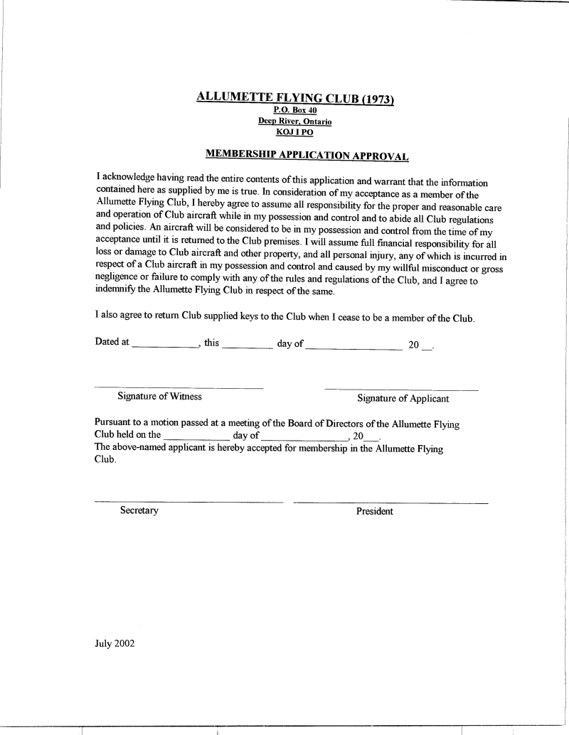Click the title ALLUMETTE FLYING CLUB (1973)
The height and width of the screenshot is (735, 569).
click(x=294, y=99)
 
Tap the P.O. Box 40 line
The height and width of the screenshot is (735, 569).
click(x=294, y=111)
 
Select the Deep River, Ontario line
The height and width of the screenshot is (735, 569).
click(x=294, y=122)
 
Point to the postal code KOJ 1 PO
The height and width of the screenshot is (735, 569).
click(x=294, y=132)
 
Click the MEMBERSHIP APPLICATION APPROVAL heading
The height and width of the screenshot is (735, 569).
click(x=307, y=154)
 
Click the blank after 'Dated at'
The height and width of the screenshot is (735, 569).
click(x=165, y=346)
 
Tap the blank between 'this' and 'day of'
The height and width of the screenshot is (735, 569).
click(x=248, y=346)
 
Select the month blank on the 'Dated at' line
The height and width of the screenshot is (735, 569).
click(x=353, y=346)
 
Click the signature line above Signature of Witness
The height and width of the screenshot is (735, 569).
click(x=179, y=387)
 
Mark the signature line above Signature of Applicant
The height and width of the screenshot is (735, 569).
click(x=401, y=390)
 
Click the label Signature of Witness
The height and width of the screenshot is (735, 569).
click(x=159, y=397)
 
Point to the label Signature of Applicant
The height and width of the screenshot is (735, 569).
click(x=403, y=399)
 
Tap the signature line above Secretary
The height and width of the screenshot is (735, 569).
click(x=188, y=502)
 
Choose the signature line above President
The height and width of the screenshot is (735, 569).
click(x=390, y=503)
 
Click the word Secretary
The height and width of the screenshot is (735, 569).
click(x=139, y=511)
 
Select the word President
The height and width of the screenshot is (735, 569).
click(x=374, y=512)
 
